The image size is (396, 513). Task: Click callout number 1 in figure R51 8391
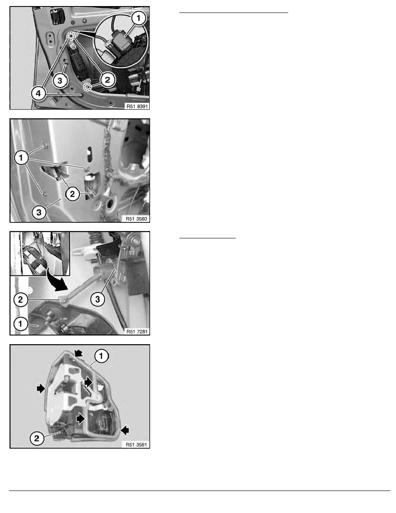[x=139, y=18]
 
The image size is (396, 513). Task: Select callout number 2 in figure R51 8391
[x=107, y=79]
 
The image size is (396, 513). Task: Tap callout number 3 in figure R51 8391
[x=60, y=80]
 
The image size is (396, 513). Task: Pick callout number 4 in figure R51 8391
[x=38, y=94]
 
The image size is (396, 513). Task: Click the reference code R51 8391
[x=137, y=106]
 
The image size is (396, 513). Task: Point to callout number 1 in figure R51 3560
[x=21, y=158]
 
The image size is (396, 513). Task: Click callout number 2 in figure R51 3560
[x=72, y=194]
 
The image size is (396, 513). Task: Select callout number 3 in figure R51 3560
[x=39, y=212]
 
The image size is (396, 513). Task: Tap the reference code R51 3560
[x=137, y=219]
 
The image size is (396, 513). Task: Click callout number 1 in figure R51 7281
[x=21, y=324]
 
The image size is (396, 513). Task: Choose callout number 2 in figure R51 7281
[x=21, y=299]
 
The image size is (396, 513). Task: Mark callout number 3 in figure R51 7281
[x=97, y=299]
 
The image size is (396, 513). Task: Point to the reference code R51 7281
[x=137, y=332]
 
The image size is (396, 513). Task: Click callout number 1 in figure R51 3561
[x=101, y=356]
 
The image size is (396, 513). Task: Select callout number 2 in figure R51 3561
[x=37, y=438]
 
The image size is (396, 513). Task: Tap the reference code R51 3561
[x=137, y=445]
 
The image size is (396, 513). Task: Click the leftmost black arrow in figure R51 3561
[x=41, y=388]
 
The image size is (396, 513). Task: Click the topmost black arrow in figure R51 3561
[x=79, y=353]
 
